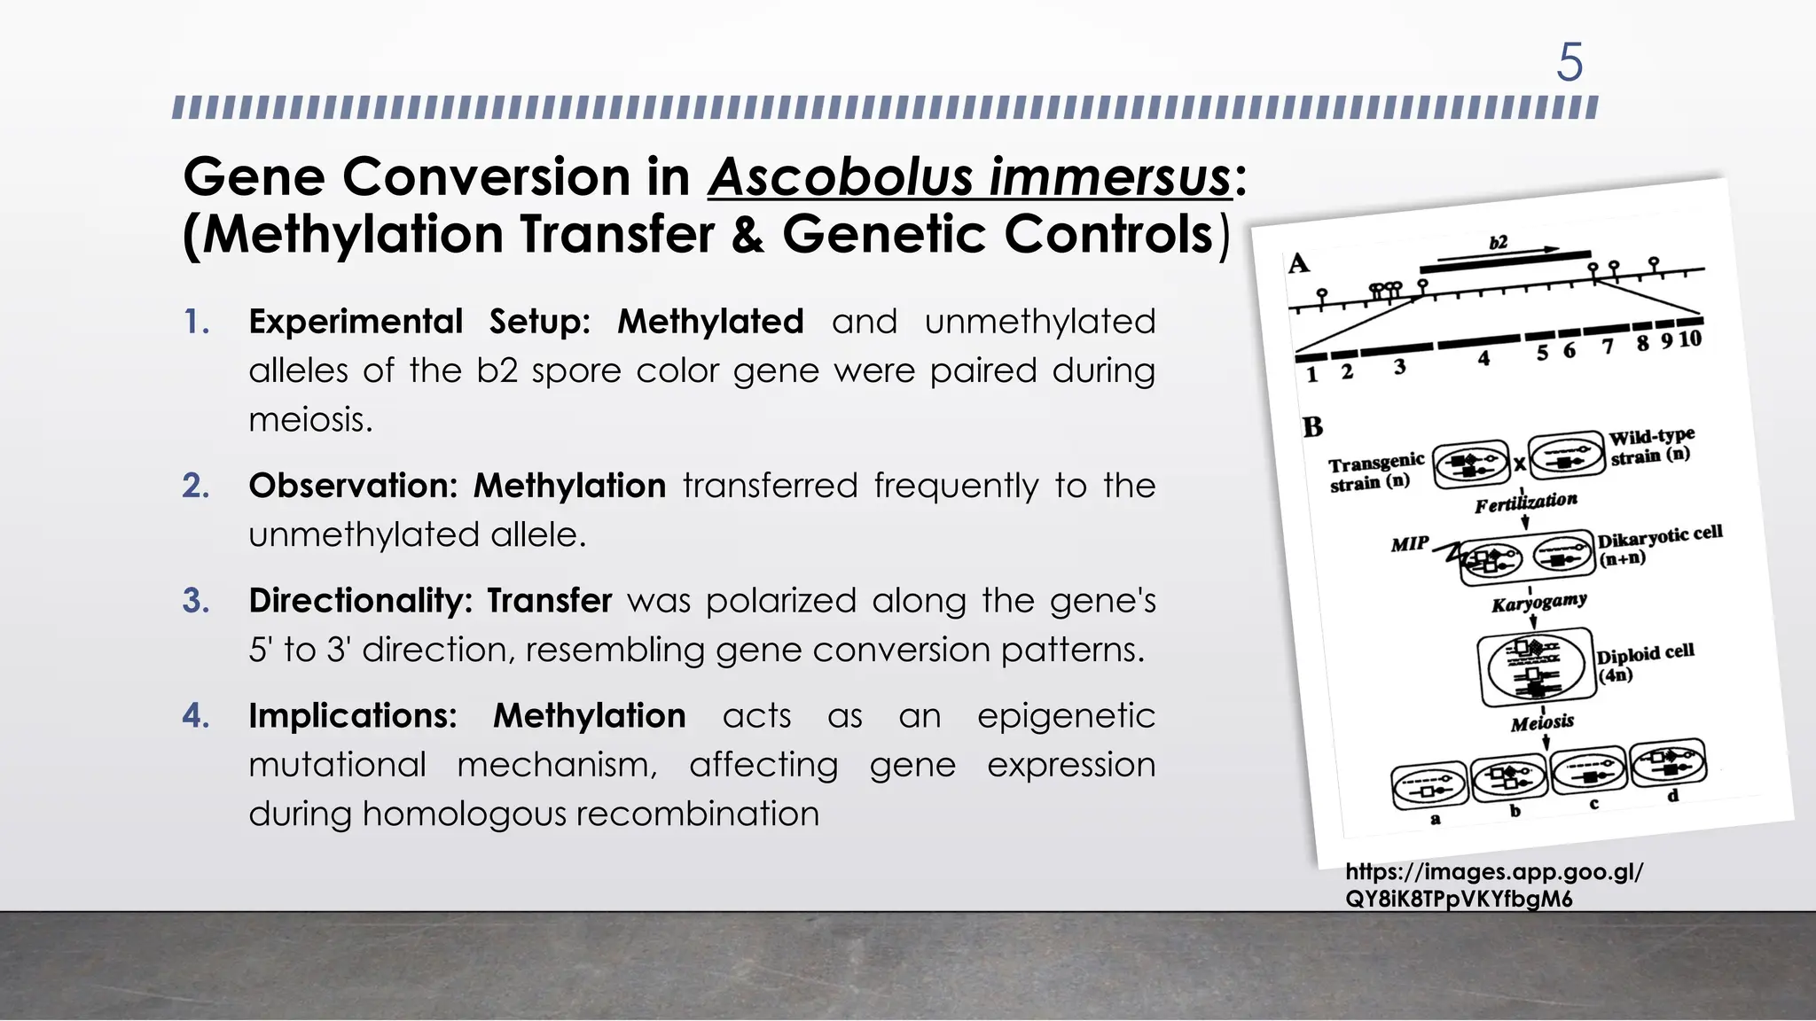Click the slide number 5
[x=1569, y=63]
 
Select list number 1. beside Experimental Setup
[x=197, y=322]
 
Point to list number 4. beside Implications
[x=196, y=715]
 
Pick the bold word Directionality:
[x=359, y=601]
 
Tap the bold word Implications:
[x=353, y=715]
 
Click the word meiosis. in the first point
[x=310, y=419]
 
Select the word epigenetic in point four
[x=1066, y=715]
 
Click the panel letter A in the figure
[x=1298, y=263]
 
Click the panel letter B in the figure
[x=1312, y=427]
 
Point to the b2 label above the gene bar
[x=1498, y=242]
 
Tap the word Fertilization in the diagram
[x=1526, y=503]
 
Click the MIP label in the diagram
[x=1409, y=543]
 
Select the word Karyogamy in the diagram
[x=1538, y=603]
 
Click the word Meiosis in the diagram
[x=1542, y=722]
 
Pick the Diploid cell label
[x=1645, y=653]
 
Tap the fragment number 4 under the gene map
[x=1483, y=358]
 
